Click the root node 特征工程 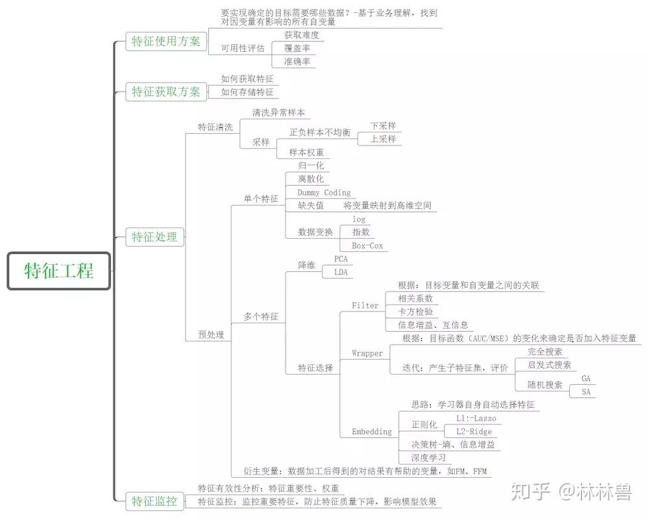click(x=59, y=271)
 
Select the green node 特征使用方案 click(x=166, y=42)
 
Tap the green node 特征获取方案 click(x=166, y=92)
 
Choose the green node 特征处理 click(x=154, y=236)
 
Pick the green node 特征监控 click(x=154, y=500)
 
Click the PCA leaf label click(x=341, y=259)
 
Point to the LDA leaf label click(x=341, y=273)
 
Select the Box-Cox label click(x=367, y=246)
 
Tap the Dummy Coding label click(x=324, y=193)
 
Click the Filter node click(x=365, y=306)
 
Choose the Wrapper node click(x=367, y=353)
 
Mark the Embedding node click(x=372, y=432)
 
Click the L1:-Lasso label click(x=476, y=419)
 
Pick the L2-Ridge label click(x=474, y=432)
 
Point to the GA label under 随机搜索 click(x=586, y=378)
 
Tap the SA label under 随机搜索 click(x=586, y=392)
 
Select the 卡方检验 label click(x=415, y=312)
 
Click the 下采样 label click(x=383, y=126)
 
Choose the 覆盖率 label click(x=297, y=48)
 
